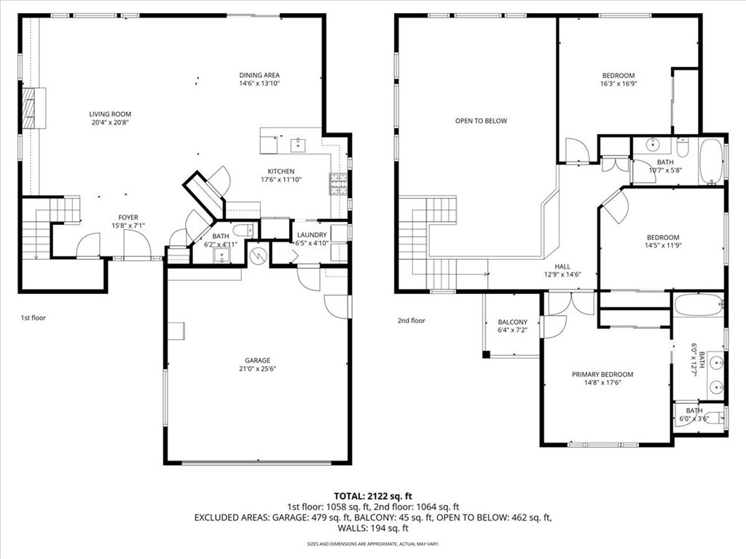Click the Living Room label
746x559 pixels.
tap(110, 114)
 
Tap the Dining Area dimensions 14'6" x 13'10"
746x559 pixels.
tap(259, 83)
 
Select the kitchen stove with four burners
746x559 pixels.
tap(338, 184)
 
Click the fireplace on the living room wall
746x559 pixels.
tap(34, 108)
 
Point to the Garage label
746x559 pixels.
tap(257, 360)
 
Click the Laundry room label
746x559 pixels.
tap(312, 235)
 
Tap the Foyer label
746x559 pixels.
tap(128, 218)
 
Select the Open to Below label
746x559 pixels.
tap(481, 121)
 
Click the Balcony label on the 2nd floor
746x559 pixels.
tap(512, 322)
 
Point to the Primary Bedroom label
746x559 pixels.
tap(602, 374)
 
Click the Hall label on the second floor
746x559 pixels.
tap(562, 266)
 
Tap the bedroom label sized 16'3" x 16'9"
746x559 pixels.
tap(619, 76)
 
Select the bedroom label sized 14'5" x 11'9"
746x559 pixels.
tap(663, 238)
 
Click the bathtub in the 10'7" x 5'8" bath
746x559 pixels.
tap(711, 161)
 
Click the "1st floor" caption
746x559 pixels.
tap(34, 317)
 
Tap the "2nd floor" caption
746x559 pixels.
tap(412, 320)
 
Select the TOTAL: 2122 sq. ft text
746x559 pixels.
tap(373, 496)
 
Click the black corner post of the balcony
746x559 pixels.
tap(486, 354)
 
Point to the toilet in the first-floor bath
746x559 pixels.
tap(244, 230)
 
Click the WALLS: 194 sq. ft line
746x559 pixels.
tap(373, 528)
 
